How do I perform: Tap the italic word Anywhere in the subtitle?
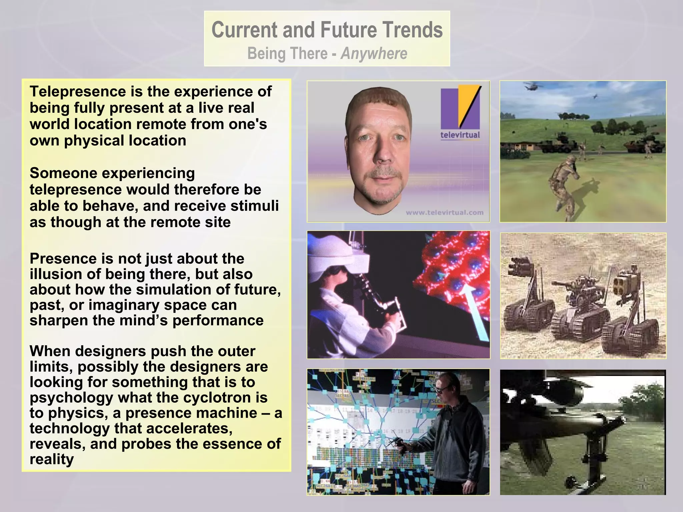point(374,54)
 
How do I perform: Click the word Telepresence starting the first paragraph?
point(78,92)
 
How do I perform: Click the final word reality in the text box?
point(52,459)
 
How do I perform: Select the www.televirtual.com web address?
point(444,212)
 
